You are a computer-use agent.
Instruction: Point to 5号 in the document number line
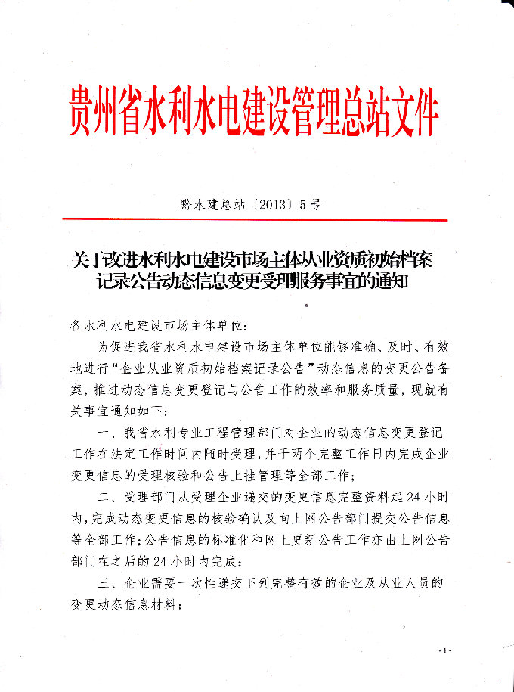(x=311, y=203)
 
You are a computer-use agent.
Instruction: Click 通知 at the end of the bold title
(x=389, y=283)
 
